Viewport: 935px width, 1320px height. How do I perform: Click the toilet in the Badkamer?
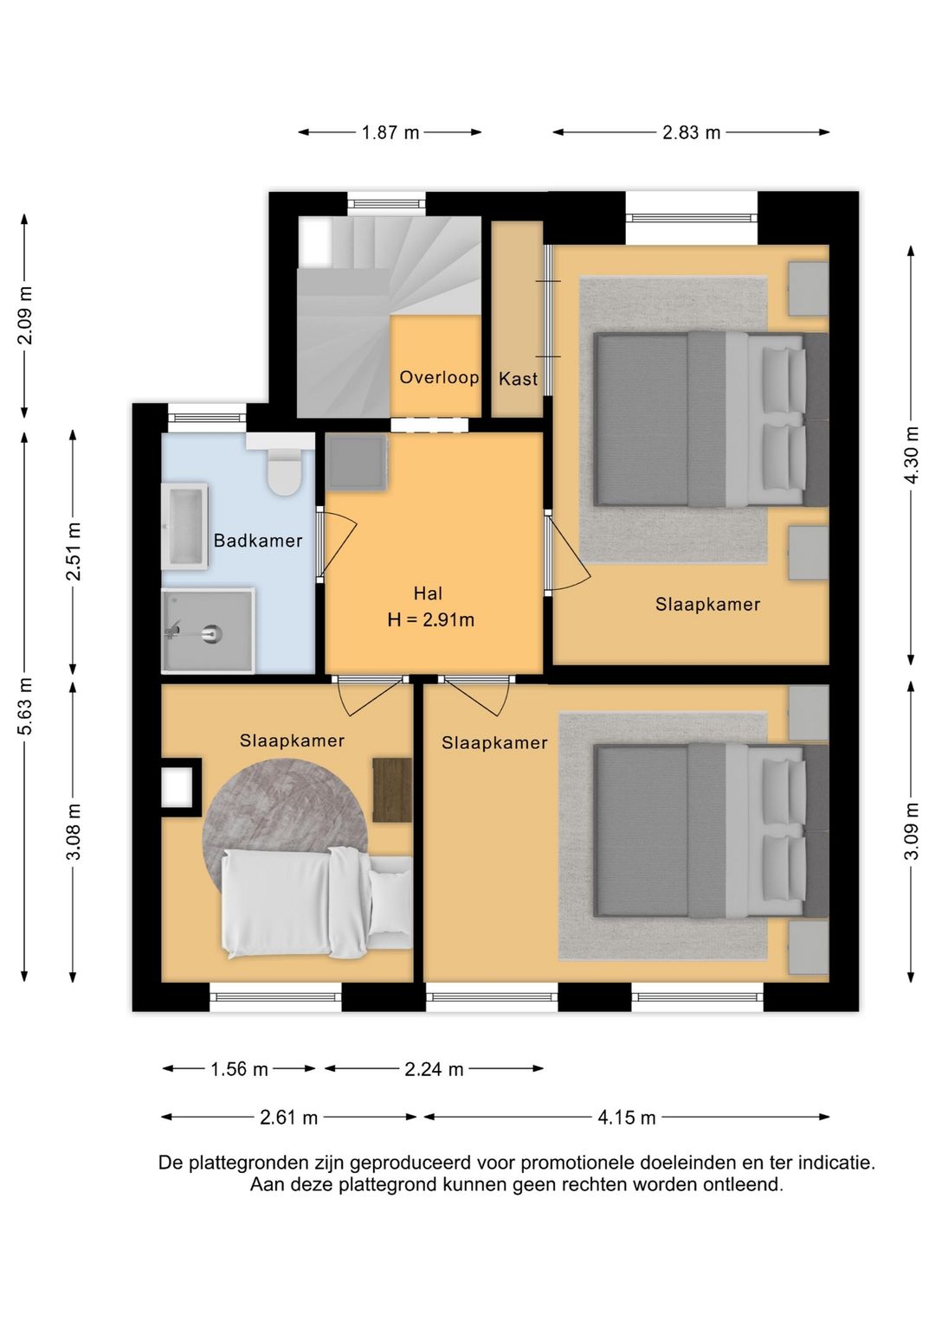[284, 471]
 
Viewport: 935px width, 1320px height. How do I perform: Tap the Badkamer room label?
[258, 541]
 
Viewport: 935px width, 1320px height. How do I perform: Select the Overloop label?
[439, 377]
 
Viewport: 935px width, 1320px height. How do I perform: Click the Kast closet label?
[518, 379]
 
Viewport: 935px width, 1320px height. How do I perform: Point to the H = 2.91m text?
[430, 620]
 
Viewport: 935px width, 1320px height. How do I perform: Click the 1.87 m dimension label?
[390, 132]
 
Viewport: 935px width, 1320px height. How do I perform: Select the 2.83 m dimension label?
[692, 132]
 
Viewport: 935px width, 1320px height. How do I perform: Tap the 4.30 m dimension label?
[912, 455]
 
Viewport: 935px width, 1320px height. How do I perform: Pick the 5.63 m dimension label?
[25, 706]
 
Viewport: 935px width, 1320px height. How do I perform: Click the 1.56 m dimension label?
[240, 1069]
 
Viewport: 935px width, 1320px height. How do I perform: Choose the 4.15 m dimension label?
[627, 1118]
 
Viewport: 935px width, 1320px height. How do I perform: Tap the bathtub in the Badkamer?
[184, 526]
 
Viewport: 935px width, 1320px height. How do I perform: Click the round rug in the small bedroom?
[285, 825]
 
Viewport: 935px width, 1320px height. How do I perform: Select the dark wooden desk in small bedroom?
[392, 791]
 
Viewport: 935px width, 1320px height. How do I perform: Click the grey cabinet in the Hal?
[357, 462]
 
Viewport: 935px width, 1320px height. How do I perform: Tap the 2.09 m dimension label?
[25, 315]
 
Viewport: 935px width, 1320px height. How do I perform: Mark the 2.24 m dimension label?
[434, 1069]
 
